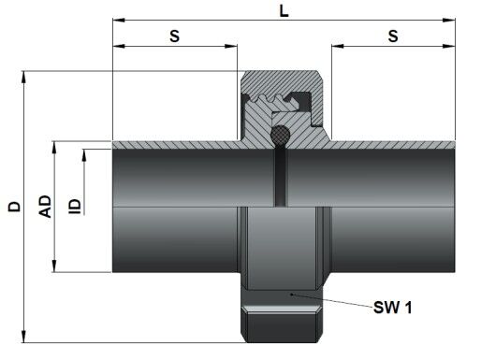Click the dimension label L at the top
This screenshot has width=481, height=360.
[284, 11]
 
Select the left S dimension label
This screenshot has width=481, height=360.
[175, 36]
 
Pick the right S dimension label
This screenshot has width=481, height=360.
[393, 36]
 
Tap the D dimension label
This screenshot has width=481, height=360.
[14, 207]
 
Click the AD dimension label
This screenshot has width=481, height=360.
[45, 207]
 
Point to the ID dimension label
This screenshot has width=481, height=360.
[74, 207]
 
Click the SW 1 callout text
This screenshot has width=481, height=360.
[393, 308]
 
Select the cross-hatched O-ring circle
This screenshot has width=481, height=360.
[280, 135]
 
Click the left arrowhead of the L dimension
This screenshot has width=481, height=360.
[119, 21]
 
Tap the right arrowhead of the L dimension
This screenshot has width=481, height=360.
[449, 21]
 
